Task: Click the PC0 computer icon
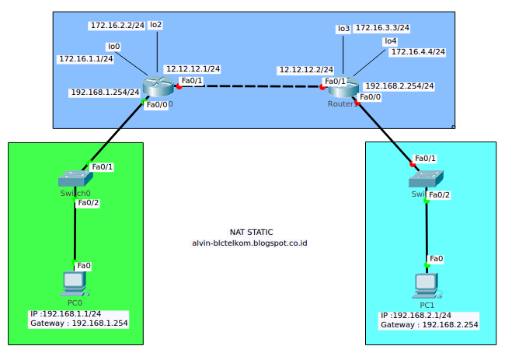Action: [75, 285]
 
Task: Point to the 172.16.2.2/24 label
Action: [117, 26]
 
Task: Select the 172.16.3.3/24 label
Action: [382, 28]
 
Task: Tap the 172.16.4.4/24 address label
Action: [417, 52]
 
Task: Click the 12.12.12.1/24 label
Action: [193, 69]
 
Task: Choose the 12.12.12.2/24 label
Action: [306, 70]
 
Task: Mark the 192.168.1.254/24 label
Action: [105, 92]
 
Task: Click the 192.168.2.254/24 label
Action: [399, 86]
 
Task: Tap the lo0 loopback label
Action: [114, 47]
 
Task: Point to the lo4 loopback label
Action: [390, 40]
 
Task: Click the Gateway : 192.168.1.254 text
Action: [78, 322]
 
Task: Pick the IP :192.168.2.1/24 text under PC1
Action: [419, 316]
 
